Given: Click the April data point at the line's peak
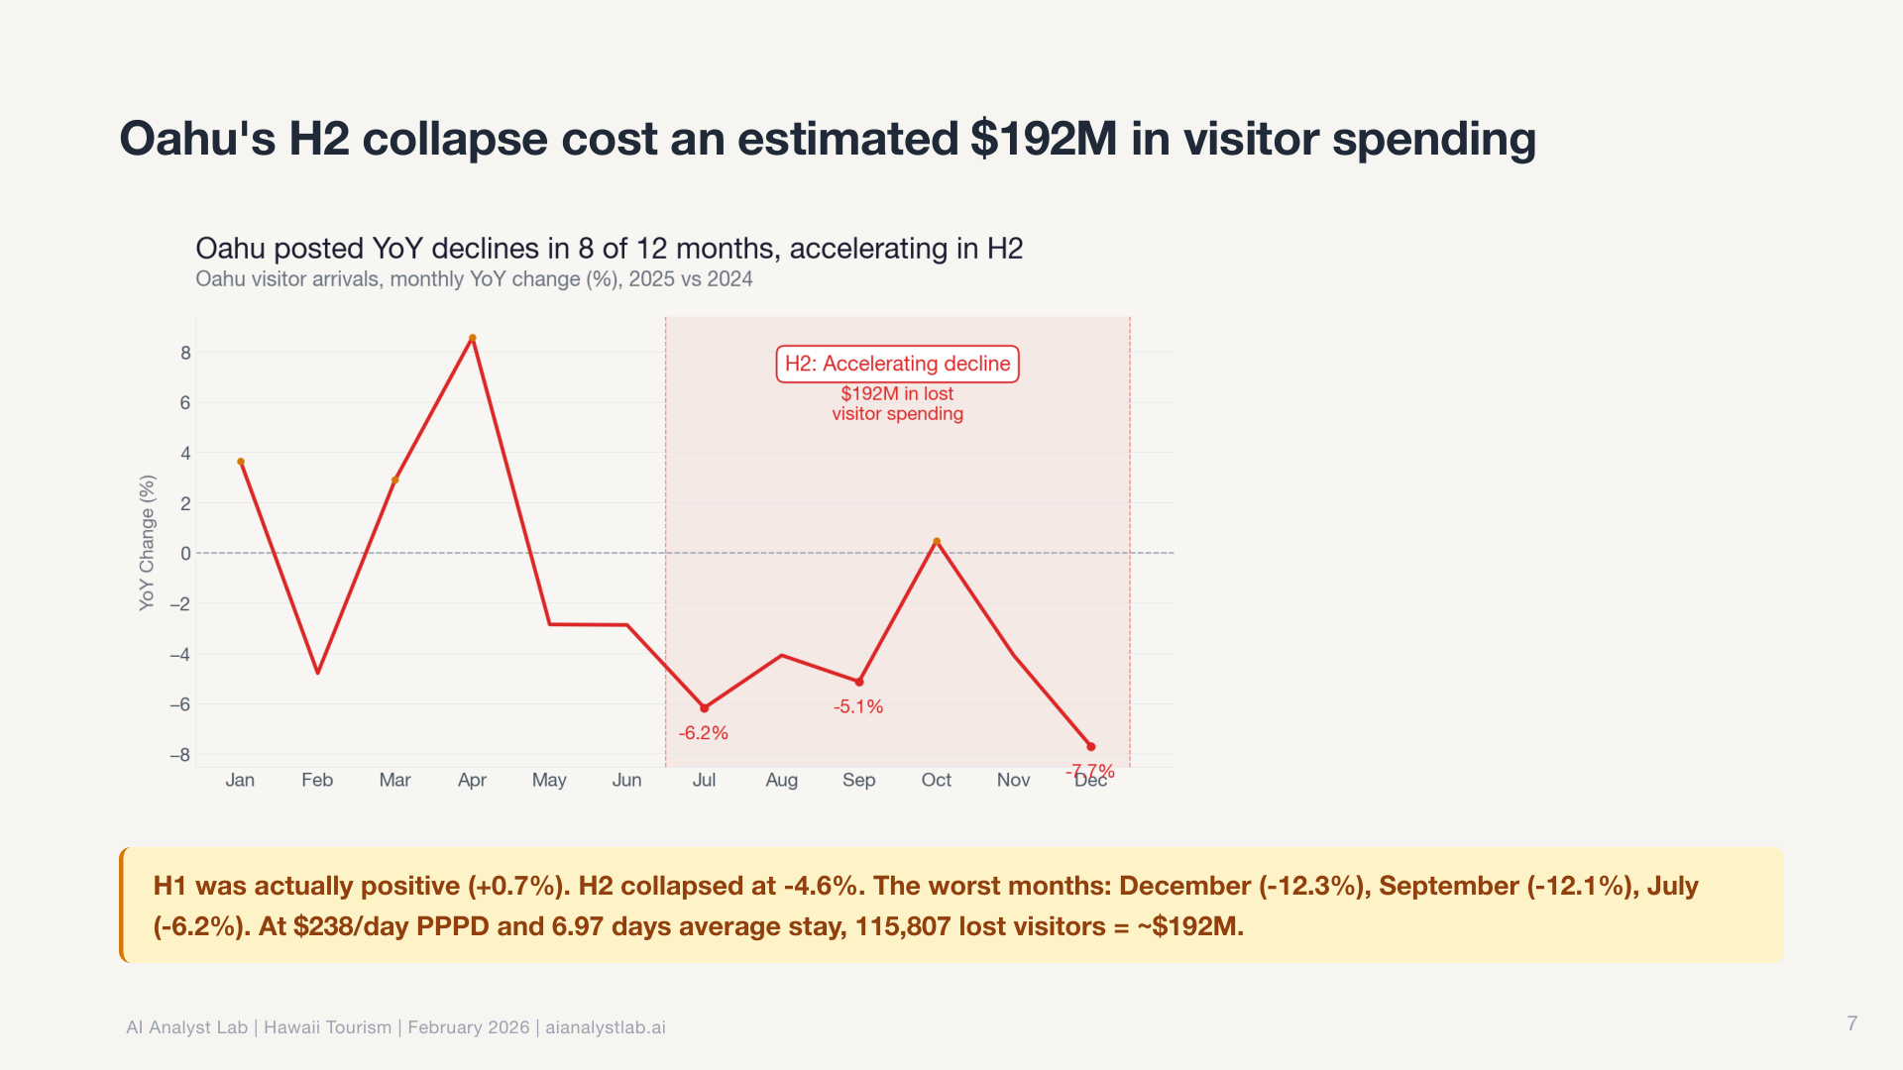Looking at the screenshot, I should click(x=473, y=339).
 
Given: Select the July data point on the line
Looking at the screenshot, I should click(x=705, y=708).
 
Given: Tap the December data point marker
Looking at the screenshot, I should click(x=1091, y=747).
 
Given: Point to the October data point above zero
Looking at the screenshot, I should click(x=937, y=542).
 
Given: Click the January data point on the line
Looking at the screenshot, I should click(x=241, y=462).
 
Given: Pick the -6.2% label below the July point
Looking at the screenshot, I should click(x=704, y=733).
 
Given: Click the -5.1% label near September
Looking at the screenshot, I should click(x=858, y=706).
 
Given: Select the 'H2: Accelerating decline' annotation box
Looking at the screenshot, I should click(x=897, y=364).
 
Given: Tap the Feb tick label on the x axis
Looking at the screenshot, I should click(x=317, y=780).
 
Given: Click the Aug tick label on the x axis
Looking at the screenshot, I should click(x=781, y=780).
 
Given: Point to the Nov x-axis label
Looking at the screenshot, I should click(x=1013, y=780).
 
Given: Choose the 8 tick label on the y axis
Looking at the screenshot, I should click(x=185, y=353).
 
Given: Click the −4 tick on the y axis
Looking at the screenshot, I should click(x=180, y=654).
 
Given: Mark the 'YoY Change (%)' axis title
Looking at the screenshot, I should click(x=148, y=543).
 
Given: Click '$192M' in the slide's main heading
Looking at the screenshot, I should click(x=1044, y=139).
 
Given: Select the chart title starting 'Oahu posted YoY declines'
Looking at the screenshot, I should click(x=609, y=248).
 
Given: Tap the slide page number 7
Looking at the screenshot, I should click(x=1851, y=1023).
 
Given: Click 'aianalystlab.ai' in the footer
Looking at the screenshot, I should click(x=606, y=1027).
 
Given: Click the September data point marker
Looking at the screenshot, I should click(x=859, y=683).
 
